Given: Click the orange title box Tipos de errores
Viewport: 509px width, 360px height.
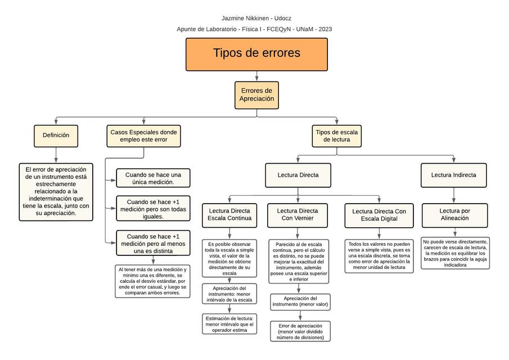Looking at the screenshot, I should (x=256, y=54).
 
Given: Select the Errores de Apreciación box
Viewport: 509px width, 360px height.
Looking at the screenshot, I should (x=256, y=94).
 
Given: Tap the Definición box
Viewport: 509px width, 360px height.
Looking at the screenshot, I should (x=56, y=135).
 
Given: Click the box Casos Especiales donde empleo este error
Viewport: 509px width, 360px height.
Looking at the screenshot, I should (x=143, y=136).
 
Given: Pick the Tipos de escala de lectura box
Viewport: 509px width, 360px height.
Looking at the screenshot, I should (x=337, y=136).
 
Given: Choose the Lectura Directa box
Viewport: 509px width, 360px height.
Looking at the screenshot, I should (x=298, y=175).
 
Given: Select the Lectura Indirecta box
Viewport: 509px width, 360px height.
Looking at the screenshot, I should (x=453, y=175).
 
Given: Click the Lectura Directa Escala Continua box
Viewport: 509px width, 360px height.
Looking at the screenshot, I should (x=229, y=214).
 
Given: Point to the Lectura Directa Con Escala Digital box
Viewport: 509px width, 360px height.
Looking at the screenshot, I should (x=379, y=214).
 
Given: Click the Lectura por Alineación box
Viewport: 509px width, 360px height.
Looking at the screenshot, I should (x=454, y=214).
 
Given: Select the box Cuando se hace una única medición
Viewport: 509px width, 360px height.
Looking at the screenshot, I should (x=153, y=178).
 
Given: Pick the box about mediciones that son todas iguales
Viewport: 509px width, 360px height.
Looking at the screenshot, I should (x=153, y=209).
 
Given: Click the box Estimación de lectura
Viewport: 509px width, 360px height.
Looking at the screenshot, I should (x=229, y=323).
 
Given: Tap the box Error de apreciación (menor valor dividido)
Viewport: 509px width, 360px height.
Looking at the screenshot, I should (x=300, y=331).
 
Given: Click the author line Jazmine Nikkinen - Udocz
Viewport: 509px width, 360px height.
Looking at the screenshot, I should (x=256, y=19).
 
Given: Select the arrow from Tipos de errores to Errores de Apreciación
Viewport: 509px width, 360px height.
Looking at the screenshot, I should (x=256, y=76).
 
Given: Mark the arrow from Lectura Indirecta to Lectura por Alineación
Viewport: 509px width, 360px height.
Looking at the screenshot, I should (x=454, y=195).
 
